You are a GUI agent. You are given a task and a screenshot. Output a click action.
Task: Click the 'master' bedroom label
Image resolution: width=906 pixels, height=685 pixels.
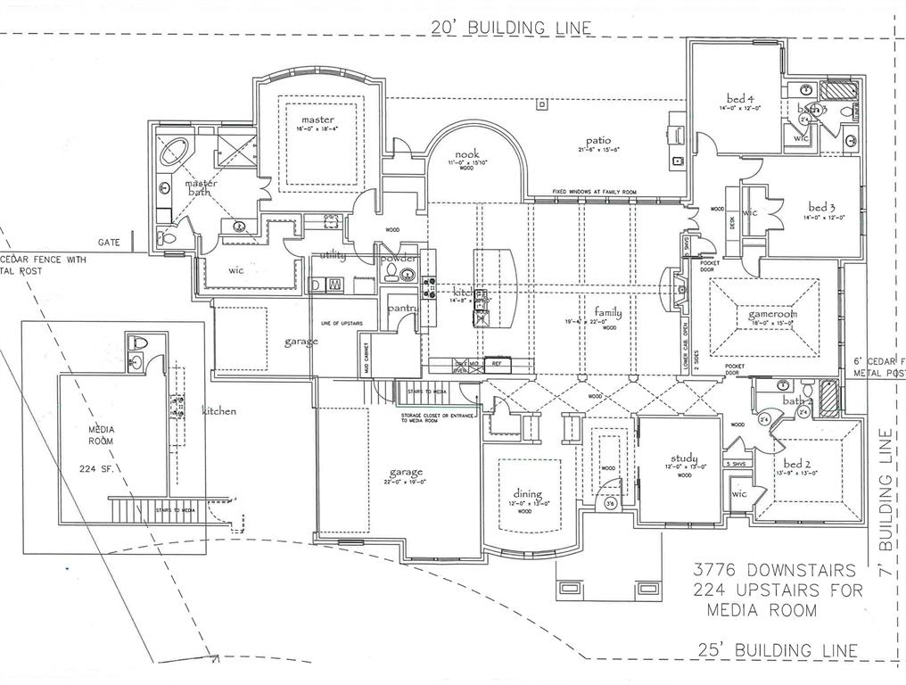pos(317,120)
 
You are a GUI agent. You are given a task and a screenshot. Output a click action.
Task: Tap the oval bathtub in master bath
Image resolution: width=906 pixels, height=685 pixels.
pos(174,152)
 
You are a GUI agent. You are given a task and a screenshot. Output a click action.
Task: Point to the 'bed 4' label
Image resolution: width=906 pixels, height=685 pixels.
pos(740,98)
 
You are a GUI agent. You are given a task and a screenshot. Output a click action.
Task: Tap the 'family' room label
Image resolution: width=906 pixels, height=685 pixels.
pos(608,313)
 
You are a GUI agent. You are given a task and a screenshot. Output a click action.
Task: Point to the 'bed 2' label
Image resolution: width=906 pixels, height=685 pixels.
pos(796,464)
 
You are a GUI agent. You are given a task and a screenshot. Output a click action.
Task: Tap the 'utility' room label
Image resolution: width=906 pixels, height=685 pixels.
pos(333,256)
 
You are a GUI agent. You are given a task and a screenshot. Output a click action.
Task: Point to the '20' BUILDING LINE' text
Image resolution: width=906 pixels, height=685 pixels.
pos(511,28)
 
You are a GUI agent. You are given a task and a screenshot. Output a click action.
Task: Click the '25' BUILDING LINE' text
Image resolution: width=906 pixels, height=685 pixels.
pos(775,650)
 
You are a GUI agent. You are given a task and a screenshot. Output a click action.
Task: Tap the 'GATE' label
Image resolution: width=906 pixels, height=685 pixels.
pos(109,242)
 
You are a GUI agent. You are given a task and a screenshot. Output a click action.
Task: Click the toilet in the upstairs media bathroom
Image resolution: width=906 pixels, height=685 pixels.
pos(138,342)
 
